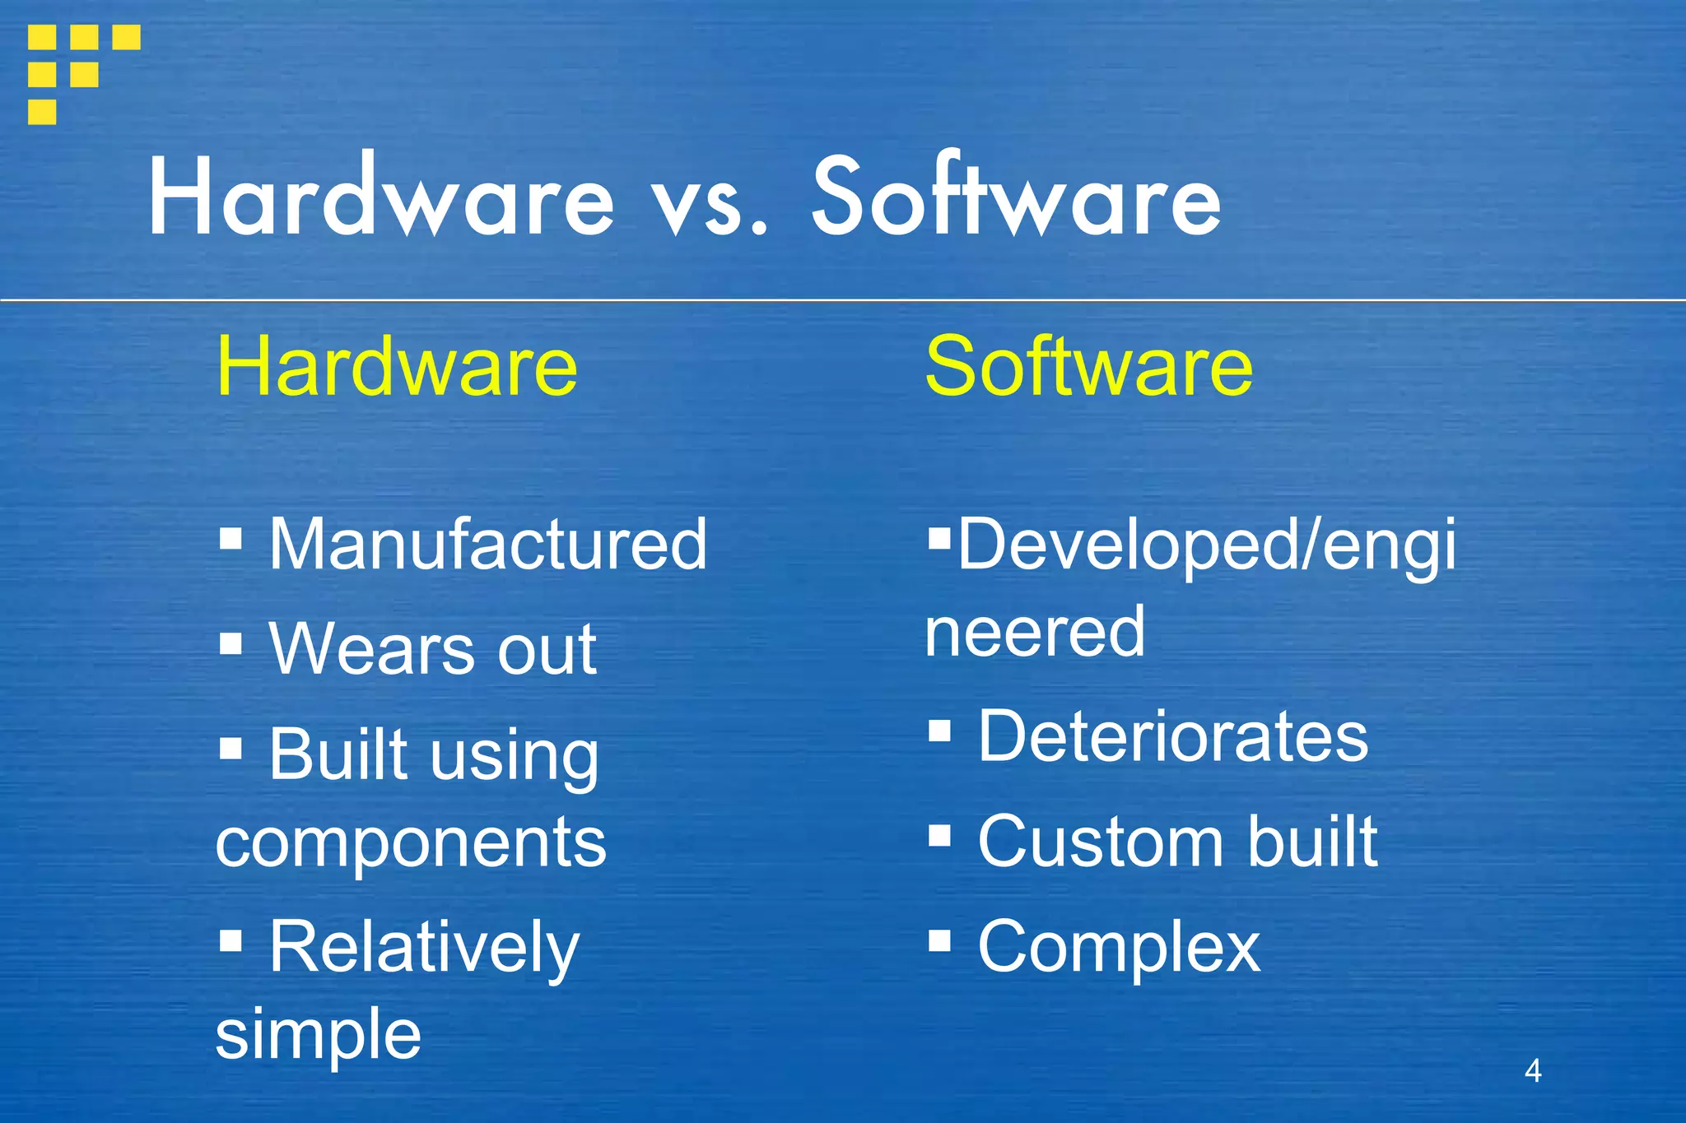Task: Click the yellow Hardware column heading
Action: click(x=397, y=366)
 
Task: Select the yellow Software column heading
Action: click(x=1088, y=366)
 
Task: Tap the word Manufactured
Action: click(x=487, y=544)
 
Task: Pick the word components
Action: click(x=411, y=842)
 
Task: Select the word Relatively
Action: click(x=424, y=948)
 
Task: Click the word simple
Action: click(x=318, y=1033)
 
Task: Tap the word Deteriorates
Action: click(x=1172, y=736)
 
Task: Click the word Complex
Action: click(x=1119, y=947)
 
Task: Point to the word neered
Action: click(x=1035, y=632)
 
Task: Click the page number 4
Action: click(x=1533, y=1070)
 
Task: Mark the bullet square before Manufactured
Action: click(x=231, y=539)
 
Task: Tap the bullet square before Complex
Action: click(x=939, y=940)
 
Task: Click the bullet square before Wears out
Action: click(x=231, y=643)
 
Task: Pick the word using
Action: click(x=516, y=757)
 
